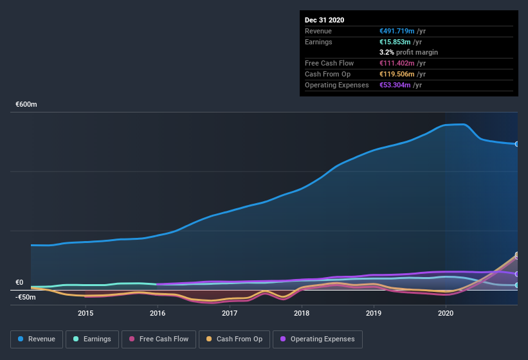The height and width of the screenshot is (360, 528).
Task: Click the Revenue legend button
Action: (37, 339)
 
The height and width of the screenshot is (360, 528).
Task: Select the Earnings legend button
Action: (92, 339)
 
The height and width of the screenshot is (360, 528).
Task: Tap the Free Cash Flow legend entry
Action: (158, 339)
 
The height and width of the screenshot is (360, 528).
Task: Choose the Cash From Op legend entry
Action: (234, 339)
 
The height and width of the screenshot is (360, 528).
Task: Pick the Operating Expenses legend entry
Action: (318, 339)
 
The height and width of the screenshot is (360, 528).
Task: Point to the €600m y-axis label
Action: (26, 104)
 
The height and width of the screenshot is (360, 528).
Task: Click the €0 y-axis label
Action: (19, 282)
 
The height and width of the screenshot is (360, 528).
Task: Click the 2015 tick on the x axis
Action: (86, 313)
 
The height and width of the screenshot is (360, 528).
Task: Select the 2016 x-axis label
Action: (158, 313)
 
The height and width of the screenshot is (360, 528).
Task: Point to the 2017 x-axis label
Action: (230, 313)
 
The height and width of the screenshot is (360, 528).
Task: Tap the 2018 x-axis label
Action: (302, 313)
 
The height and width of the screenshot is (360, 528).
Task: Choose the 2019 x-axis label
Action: (374, 313)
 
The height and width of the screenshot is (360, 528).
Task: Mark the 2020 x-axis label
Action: (446, 313)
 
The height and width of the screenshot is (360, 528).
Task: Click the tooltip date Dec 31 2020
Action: (324, 20)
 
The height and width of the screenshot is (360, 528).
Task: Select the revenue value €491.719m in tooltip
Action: (397, 31)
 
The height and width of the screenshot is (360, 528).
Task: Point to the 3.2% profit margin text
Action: (409, 52)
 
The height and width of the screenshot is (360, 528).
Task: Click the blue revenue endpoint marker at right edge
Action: (516, 144)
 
